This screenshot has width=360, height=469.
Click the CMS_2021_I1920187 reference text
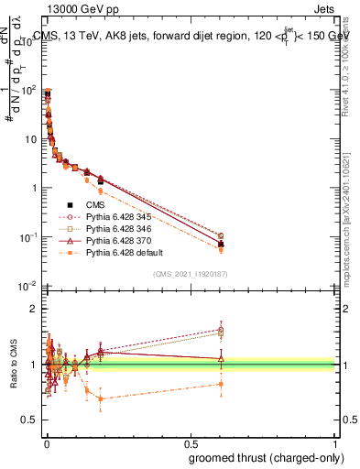tap(190, 274)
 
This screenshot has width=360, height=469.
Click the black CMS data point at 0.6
tap(221, 244)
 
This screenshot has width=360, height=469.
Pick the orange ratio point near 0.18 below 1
tap(100, 398)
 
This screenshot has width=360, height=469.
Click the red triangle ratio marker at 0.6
tap(221, 359)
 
